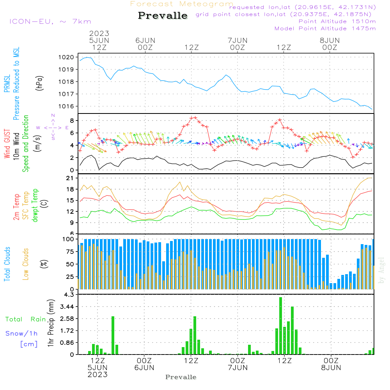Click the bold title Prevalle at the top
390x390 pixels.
pos(163,16)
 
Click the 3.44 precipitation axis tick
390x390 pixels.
pos(67,307)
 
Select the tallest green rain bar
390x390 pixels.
pos(280,326)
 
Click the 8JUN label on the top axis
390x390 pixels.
pos(330,40)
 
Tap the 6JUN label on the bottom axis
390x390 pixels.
pos(144,367)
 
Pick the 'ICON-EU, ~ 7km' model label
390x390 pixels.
pos(50,21)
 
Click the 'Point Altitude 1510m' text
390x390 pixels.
pos(337,21)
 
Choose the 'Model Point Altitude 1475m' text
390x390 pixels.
pos(325,28)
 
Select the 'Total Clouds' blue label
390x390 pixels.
pos(7,264)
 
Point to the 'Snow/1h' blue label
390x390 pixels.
pos(21,333)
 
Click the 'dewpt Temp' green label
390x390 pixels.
pos(35,206)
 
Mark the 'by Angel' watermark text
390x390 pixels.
pos(381,271)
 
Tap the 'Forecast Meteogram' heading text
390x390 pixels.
pos(182,4)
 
